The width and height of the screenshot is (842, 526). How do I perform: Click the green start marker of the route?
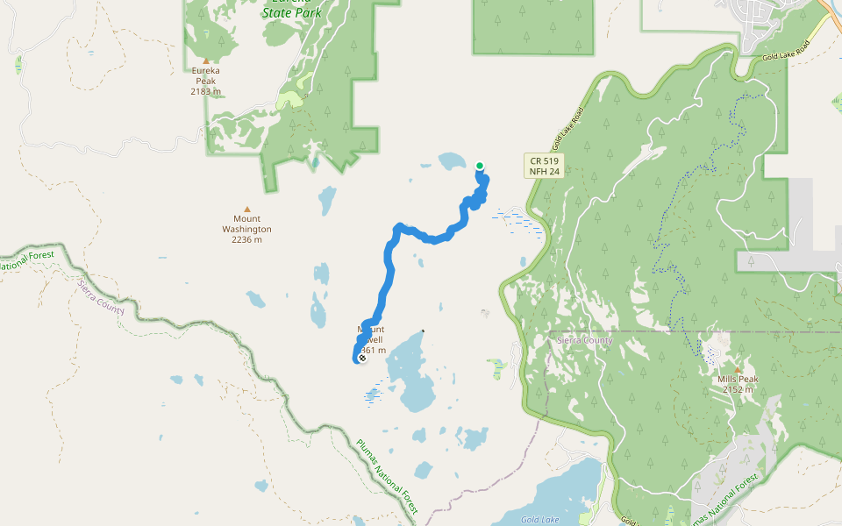pyautogui.click(x=480, y=166)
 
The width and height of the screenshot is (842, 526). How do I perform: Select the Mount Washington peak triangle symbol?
pyautogui.click(x=246, y=210)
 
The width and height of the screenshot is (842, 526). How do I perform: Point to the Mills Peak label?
pyautogui.click(x=737, y=379)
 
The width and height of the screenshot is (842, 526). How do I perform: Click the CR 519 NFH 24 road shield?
pyautogui.click(x=544, y=166)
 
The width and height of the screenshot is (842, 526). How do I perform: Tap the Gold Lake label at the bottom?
pyautogui.click(x=539, y=519)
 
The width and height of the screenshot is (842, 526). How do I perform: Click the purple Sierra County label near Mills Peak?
pyautogui.click(x=585, y=340)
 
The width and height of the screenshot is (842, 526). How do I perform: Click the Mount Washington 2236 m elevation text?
pyautogui.click(x=246, y=239)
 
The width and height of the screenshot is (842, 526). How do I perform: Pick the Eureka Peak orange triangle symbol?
pyautogui.click(x=206, y=61)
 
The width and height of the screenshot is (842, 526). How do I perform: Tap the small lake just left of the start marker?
pyautogui.click(x=452, y=161)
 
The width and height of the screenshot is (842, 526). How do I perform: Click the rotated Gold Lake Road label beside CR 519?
pyautogui.click(x=568, y=128)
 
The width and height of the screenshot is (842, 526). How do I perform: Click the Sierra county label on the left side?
pyautogui.click(x=100, y=298)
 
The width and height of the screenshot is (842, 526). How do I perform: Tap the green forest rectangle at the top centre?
pyautogui.click(x=532, y=26)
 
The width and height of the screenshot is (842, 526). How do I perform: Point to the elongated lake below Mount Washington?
pyautogui.click(x=327, y=200)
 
